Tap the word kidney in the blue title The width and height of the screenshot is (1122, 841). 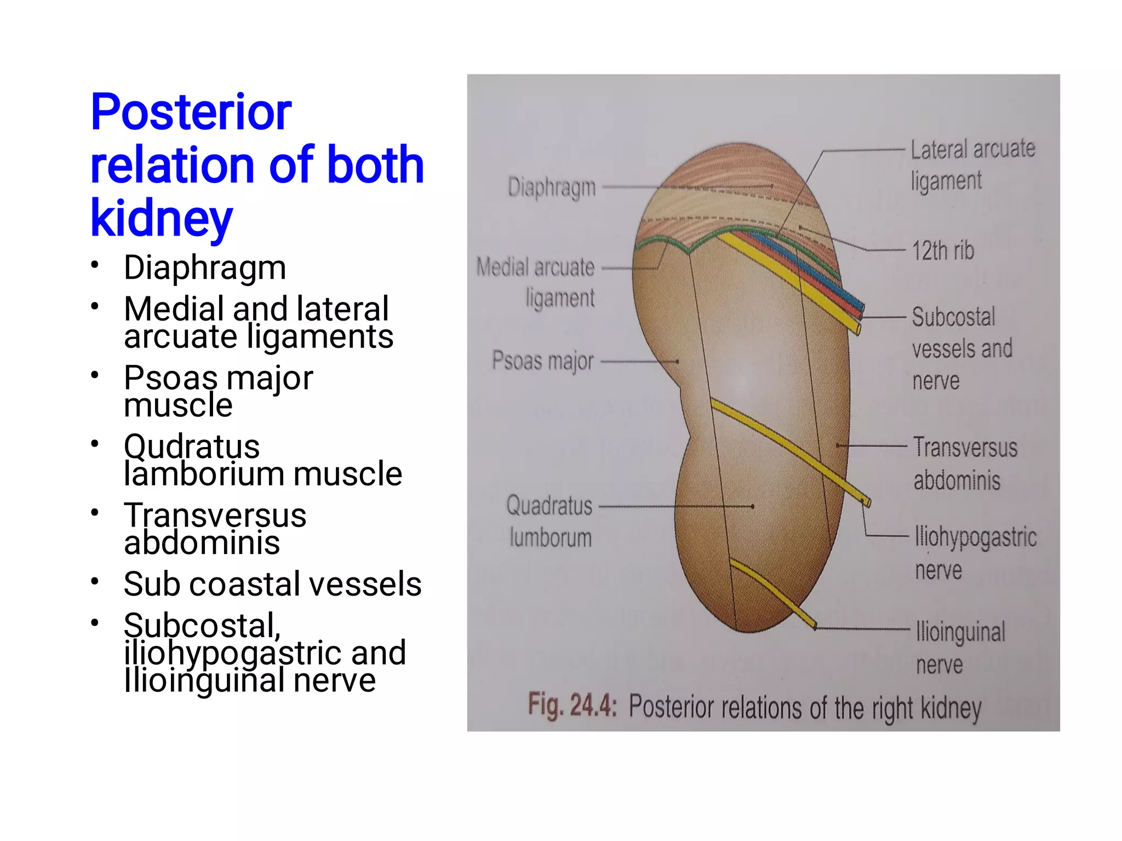(x=162, y=218)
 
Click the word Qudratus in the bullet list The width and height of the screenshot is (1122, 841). (x=192, y=446)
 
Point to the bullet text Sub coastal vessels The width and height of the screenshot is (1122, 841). (x=272, y=583)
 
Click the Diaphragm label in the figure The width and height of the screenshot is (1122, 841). (x=551, y=187)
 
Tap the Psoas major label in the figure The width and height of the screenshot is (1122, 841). (x=542, y=361)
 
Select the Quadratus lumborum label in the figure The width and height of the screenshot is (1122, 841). (x=549, y=521)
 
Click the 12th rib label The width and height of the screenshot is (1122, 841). (x=943, y=251)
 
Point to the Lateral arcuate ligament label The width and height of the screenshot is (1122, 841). (x=972, y=165)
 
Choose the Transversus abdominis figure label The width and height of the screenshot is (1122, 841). (x=965, y=464)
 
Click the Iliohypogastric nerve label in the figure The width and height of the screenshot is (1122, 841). (x=975, y=553)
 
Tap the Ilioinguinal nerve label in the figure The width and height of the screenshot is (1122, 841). (x=960, y=648)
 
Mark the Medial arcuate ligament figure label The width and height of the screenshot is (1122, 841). (x=536, y=282)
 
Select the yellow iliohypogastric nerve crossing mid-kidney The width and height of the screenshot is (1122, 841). (x=789, y=449)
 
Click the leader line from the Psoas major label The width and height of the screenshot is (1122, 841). (x=638, y=362)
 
